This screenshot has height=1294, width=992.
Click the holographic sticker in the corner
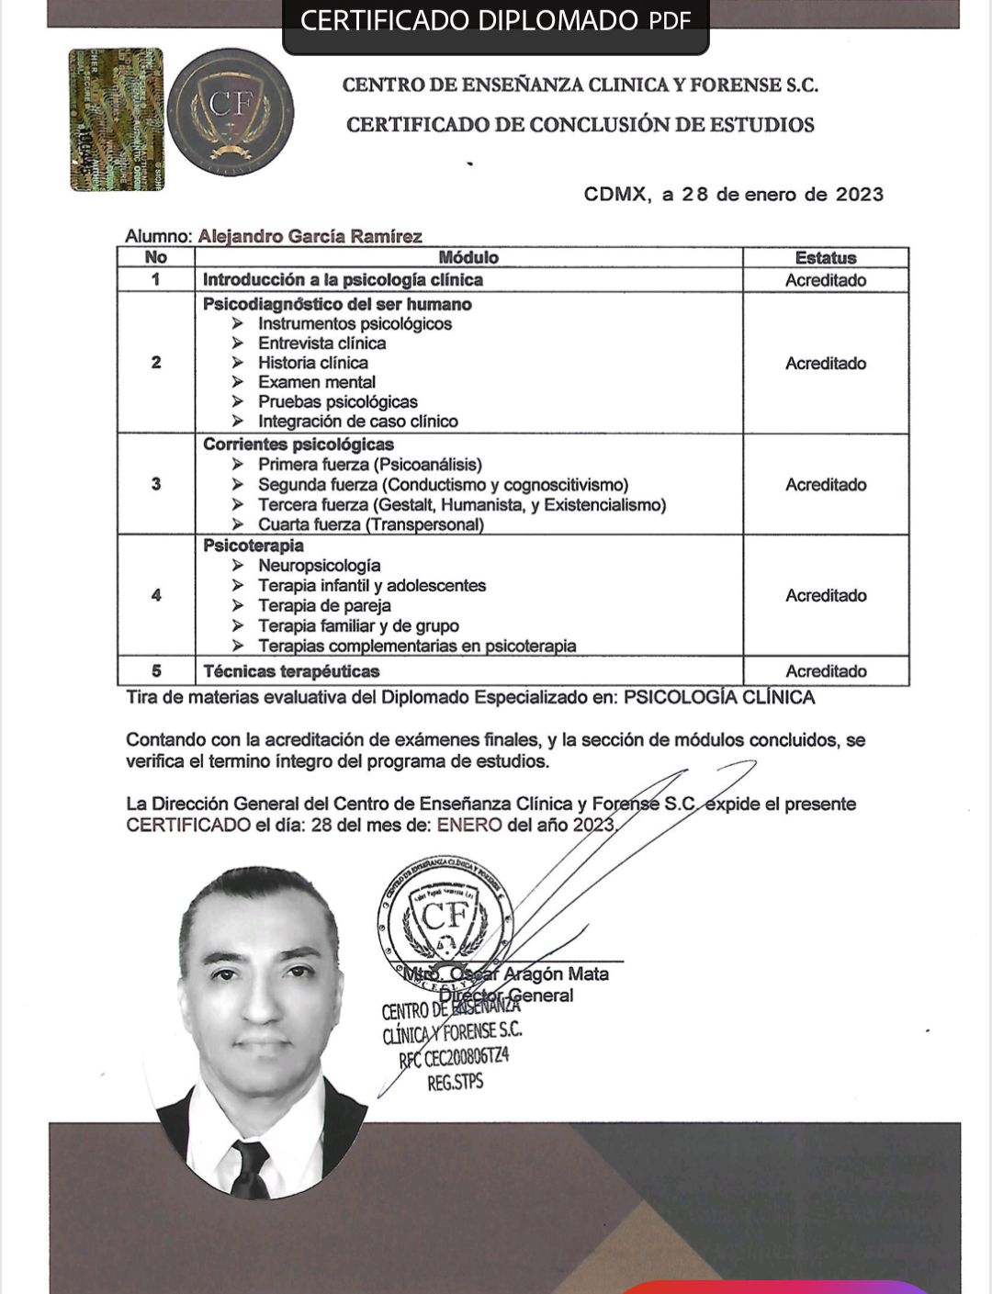coord(116,119)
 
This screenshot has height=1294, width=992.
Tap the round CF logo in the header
coord(231,112)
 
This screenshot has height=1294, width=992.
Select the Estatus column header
coord(825,258)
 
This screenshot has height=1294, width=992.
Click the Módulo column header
coord(468,258)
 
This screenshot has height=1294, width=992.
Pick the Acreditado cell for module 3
coord(825,485)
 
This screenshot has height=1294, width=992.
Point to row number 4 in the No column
coord(156,595)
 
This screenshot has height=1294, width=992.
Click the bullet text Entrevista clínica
coord(321,343)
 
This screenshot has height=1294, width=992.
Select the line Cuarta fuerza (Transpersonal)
coord(370,524)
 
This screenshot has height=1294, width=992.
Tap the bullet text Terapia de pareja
coord(324,606)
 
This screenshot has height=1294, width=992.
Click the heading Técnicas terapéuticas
coord(291,671)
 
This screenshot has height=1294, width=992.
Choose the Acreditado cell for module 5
coord(825,671)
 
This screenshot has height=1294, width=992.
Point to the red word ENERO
coord(468,825)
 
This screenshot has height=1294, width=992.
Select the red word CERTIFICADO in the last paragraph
coord(188,825)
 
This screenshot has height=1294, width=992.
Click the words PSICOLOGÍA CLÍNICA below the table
coord(718,697)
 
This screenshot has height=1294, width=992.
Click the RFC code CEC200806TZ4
coord(454,1058)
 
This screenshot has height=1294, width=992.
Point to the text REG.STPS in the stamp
coord(455,1083)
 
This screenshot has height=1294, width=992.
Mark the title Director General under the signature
coord(506,996)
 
